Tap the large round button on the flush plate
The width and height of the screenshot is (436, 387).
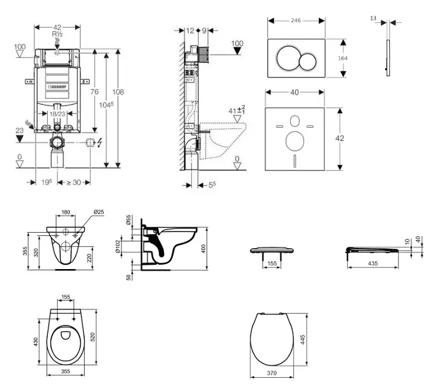[288, 58]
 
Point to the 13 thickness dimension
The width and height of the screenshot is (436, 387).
[373, 18]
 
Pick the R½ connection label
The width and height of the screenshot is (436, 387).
[58, 34]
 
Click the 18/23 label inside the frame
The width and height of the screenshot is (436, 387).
[57, 114]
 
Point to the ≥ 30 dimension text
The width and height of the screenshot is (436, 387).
[74, 182]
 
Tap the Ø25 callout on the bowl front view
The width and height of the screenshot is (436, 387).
[98, 213]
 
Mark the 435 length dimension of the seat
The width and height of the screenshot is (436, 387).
[372, 263]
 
